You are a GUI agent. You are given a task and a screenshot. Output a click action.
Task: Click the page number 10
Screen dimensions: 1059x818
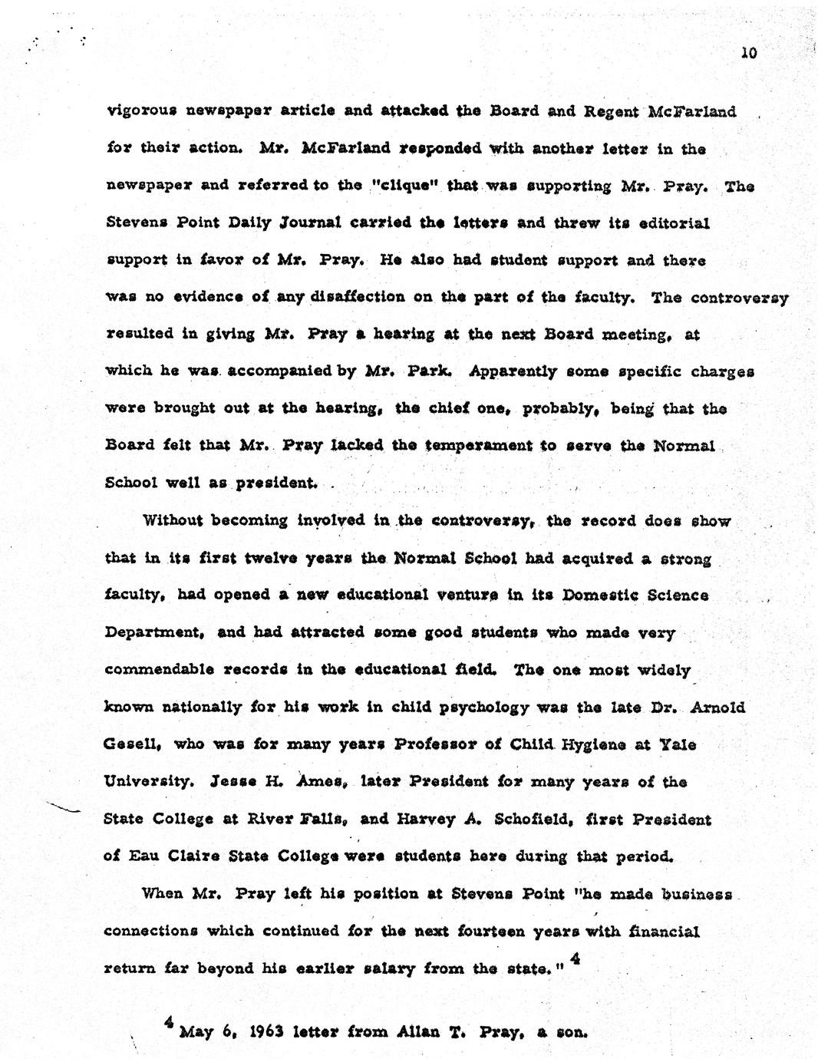coord(749,53)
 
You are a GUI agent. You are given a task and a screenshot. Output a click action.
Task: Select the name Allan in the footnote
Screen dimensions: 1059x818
coord(397,1031)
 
